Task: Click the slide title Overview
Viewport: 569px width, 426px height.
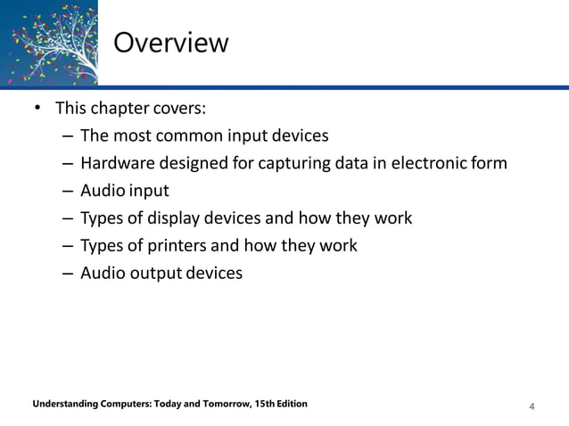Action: click(x=171, y=43)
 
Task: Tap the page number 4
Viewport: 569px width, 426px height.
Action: click(x=532, y=407)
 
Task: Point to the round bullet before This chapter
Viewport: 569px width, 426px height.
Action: click(x=37, y=109)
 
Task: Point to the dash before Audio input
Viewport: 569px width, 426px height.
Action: click(x=69, y=191)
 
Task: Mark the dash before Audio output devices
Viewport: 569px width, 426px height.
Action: click(x=69, y=273)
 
